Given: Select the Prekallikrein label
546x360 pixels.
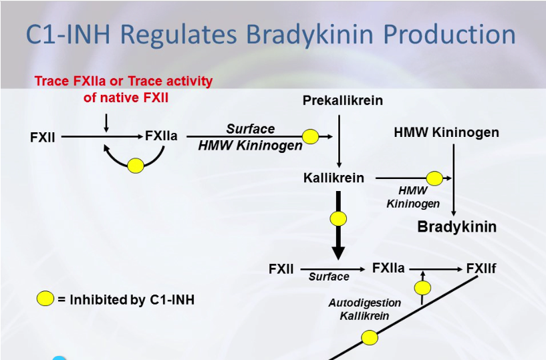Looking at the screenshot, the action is click(x=342, y=101).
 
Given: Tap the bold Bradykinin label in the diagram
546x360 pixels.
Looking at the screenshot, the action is click(x=456, y=226).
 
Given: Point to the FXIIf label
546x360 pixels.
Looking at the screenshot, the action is click(x=481, y=268).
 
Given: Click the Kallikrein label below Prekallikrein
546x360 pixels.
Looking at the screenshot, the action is click(x=333, y=178).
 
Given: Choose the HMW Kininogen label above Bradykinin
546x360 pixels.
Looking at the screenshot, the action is click(x=446, y=132).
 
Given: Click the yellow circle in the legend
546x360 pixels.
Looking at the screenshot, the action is click(x=45, y=299).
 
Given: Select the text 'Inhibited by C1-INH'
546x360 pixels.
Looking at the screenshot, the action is click(x=131, y=299).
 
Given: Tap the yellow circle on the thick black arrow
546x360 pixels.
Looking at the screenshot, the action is click(x=338, y=218).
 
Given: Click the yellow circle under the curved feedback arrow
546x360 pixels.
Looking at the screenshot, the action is click(x=136, y=165).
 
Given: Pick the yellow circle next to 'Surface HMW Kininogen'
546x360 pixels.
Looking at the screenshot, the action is click(x=310, y=136).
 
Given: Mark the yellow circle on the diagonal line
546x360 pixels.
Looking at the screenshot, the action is click(x=370, y=338).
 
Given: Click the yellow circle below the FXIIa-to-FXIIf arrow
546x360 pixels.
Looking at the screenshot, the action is click(x=422, y=288).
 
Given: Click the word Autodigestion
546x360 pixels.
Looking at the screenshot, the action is click(x=364, y=303).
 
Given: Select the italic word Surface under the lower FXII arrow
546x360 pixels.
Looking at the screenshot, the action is click(x=329, y=277).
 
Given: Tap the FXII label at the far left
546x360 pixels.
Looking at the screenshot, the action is click(x=43, y=138).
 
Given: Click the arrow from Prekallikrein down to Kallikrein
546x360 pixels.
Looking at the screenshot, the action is click(x=339, y=140).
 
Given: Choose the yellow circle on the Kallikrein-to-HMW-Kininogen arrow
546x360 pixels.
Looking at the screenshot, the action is click(x=434, y=178).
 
